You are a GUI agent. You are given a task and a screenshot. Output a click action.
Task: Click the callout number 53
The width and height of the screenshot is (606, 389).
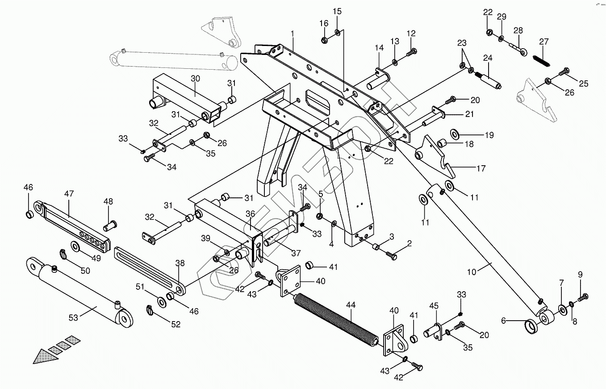[x=73, y=318]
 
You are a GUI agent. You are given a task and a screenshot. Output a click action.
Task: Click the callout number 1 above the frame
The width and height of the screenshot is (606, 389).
[x=293, y=33]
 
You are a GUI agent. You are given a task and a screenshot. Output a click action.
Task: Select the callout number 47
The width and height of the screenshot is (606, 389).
[x=69, y=194]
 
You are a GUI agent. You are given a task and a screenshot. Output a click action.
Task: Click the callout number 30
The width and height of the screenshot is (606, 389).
[x=195, y=79]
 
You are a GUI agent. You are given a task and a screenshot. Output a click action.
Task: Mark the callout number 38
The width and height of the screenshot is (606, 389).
[x=180, y=264]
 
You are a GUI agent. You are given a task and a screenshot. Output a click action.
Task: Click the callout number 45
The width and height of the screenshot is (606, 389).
[x=434, y=306]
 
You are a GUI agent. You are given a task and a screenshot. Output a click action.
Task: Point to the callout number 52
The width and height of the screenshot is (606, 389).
[x=176, y=324]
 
